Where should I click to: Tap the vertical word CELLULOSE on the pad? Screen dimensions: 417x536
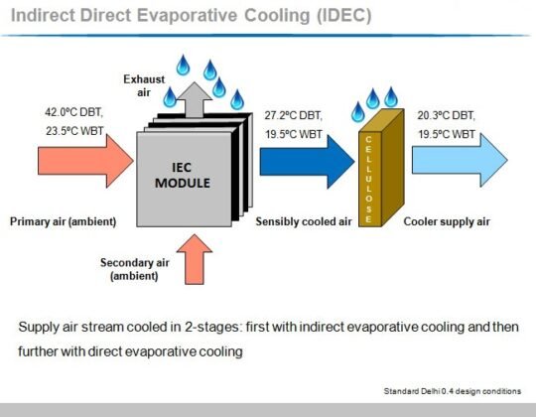point(368,179)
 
